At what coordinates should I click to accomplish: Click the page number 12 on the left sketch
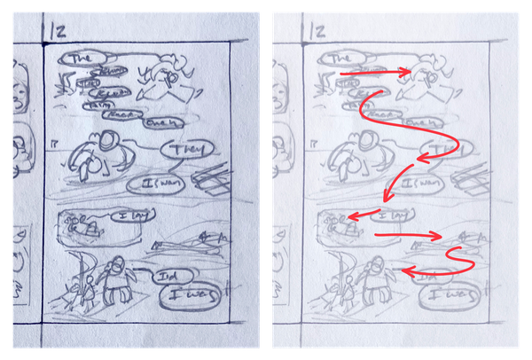tap(59, 32)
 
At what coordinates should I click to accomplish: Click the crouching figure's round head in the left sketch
tap(106, 140)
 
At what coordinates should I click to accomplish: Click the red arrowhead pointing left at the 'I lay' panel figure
tap(352, 216)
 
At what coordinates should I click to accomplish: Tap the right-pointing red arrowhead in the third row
tap(439, 236)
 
